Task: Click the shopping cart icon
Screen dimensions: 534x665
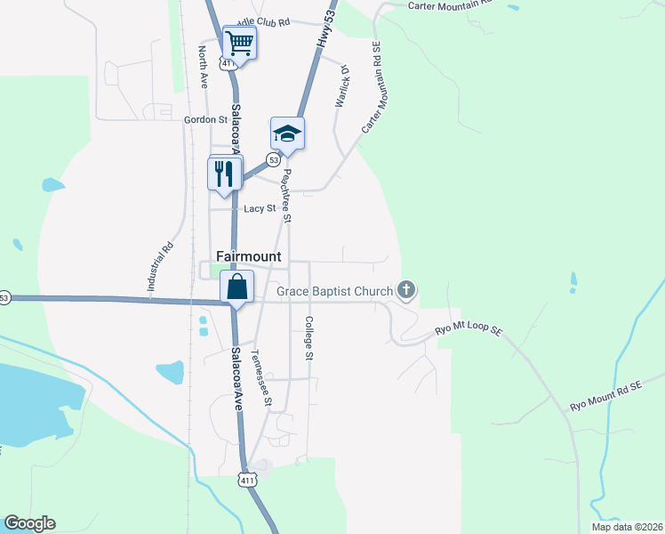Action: pos(239,41)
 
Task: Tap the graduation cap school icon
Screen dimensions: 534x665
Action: pos(287,133)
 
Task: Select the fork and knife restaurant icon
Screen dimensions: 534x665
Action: pos(224,173)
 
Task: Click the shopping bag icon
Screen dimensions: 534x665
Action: pos(237,287)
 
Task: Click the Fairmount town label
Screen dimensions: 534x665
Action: pos(249,256)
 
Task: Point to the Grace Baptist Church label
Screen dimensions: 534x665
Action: pos(334,291)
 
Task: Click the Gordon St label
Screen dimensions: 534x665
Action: pos(200,119)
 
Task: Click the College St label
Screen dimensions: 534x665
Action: pos(309,338)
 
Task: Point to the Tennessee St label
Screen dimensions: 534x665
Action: pos(260,378)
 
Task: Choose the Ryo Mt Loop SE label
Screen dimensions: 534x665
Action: pos(469,331)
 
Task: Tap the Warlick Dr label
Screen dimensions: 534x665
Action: pos(341,88)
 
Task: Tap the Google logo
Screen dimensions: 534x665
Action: pos(29,523)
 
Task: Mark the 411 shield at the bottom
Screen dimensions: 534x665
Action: pos(247,480)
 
